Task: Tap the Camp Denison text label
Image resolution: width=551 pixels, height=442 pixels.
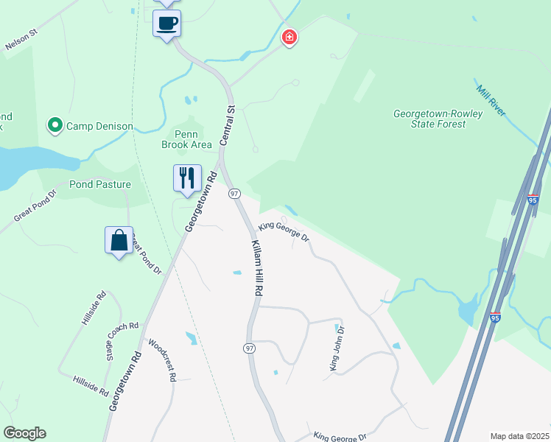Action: [x=99, y=126]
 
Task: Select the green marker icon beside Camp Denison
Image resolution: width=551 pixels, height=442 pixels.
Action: [x=55, y=126]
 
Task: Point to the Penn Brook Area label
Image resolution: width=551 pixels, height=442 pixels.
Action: [x=186, y=139]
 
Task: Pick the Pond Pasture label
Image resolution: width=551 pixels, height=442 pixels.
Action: [x=100, y=184]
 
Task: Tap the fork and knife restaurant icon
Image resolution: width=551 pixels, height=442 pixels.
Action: [x=186, y=178]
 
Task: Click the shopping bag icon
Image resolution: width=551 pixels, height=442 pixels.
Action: [x=119, y=240]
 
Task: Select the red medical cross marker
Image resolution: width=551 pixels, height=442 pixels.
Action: [x=289, y=37]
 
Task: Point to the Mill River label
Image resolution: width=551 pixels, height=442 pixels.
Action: [x=490, y=101]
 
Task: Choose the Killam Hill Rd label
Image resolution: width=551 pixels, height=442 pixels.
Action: [x=256, y=267]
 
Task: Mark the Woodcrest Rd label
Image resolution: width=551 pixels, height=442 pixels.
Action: [x=162, y=359]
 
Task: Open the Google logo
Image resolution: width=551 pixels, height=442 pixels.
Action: [x=24, y=433]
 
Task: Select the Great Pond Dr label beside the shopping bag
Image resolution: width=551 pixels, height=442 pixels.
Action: [x=146, y=254]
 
